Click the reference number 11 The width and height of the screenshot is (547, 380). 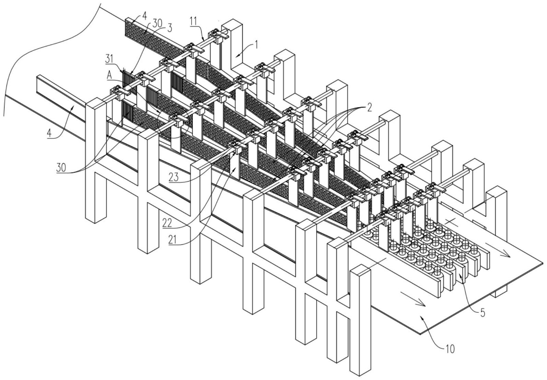[x=194, y=21]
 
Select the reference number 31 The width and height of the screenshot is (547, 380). [x=110, y=59]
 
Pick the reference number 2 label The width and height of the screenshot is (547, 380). [x=369, y=107]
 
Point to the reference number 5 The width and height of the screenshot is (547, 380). [x=482, y=313]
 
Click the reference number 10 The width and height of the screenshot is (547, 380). [x=450, y=349]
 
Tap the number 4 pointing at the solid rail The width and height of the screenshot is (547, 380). [x=50, y=133]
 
